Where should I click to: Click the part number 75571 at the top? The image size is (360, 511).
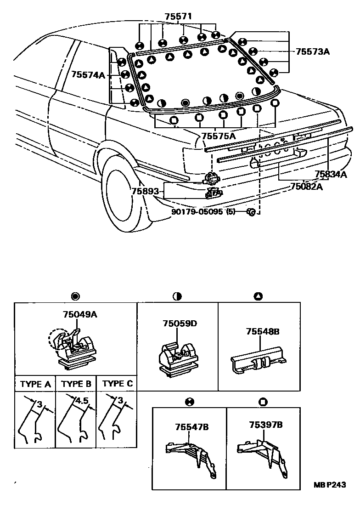[x=179, y=16]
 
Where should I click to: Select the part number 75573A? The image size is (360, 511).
[x=312, y=51]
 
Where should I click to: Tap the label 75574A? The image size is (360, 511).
[x=89, y=74]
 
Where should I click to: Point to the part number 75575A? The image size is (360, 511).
[x=218, y=136]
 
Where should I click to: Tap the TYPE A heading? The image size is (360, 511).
[x=35, y=383]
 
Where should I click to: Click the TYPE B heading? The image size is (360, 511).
[x=76, y=383]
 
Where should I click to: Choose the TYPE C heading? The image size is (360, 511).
[x=117, y=383]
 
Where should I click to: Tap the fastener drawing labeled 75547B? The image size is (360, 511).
[x=191, y=455]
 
